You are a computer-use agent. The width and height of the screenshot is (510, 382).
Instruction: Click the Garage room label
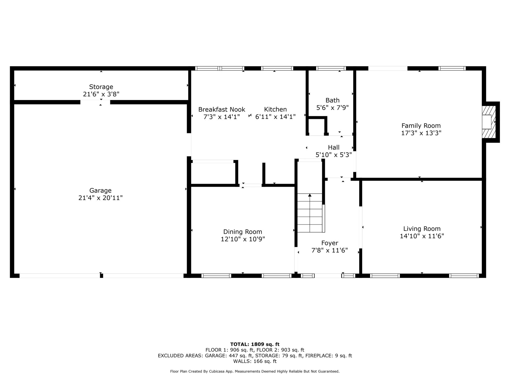coord(100,190)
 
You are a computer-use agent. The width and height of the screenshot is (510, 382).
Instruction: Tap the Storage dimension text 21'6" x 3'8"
coord(101,94)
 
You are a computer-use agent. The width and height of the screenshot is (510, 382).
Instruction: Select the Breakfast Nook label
coord(222,109)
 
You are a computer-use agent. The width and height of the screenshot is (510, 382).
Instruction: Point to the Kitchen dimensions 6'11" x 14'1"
coord(275,117)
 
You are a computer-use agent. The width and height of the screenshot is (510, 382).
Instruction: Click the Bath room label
coord(333,100)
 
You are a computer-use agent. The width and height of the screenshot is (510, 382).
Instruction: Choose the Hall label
coord(334,147)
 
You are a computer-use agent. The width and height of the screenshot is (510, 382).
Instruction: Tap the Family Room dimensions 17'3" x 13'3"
coord(421,133)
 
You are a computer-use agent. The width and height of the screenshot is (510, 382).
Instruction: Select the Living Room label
coord(422,229)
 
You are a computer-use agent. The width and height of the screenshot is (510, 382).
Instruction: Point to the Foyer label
coord(330,243)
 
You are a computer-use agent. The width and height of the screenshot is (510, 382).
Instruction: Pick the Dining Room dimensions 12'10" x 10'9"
coord(243,239)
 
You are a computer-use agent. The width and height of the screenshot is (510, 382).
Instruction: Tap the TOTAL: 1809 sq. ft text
coord(255,344)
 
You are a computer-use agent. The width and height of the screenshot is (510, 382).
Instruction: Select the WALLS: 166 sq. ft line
coord(255,361)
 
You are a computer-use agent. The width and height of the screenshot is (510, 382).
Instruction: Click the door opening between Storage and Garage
coord(95,102)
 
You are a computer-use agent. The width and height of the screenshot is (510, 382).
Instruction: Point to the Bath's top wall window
coord(331,68)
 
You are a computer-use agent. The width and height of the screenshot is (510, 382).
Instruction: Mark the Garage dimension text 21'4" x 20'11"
coord(100,198)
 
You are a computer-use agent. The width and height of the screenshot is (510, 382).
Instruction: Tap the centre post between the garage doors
coord(101,276)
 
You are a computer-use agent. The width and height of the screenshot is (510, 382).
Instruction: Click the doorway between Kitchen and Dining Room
coord(251,185)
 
